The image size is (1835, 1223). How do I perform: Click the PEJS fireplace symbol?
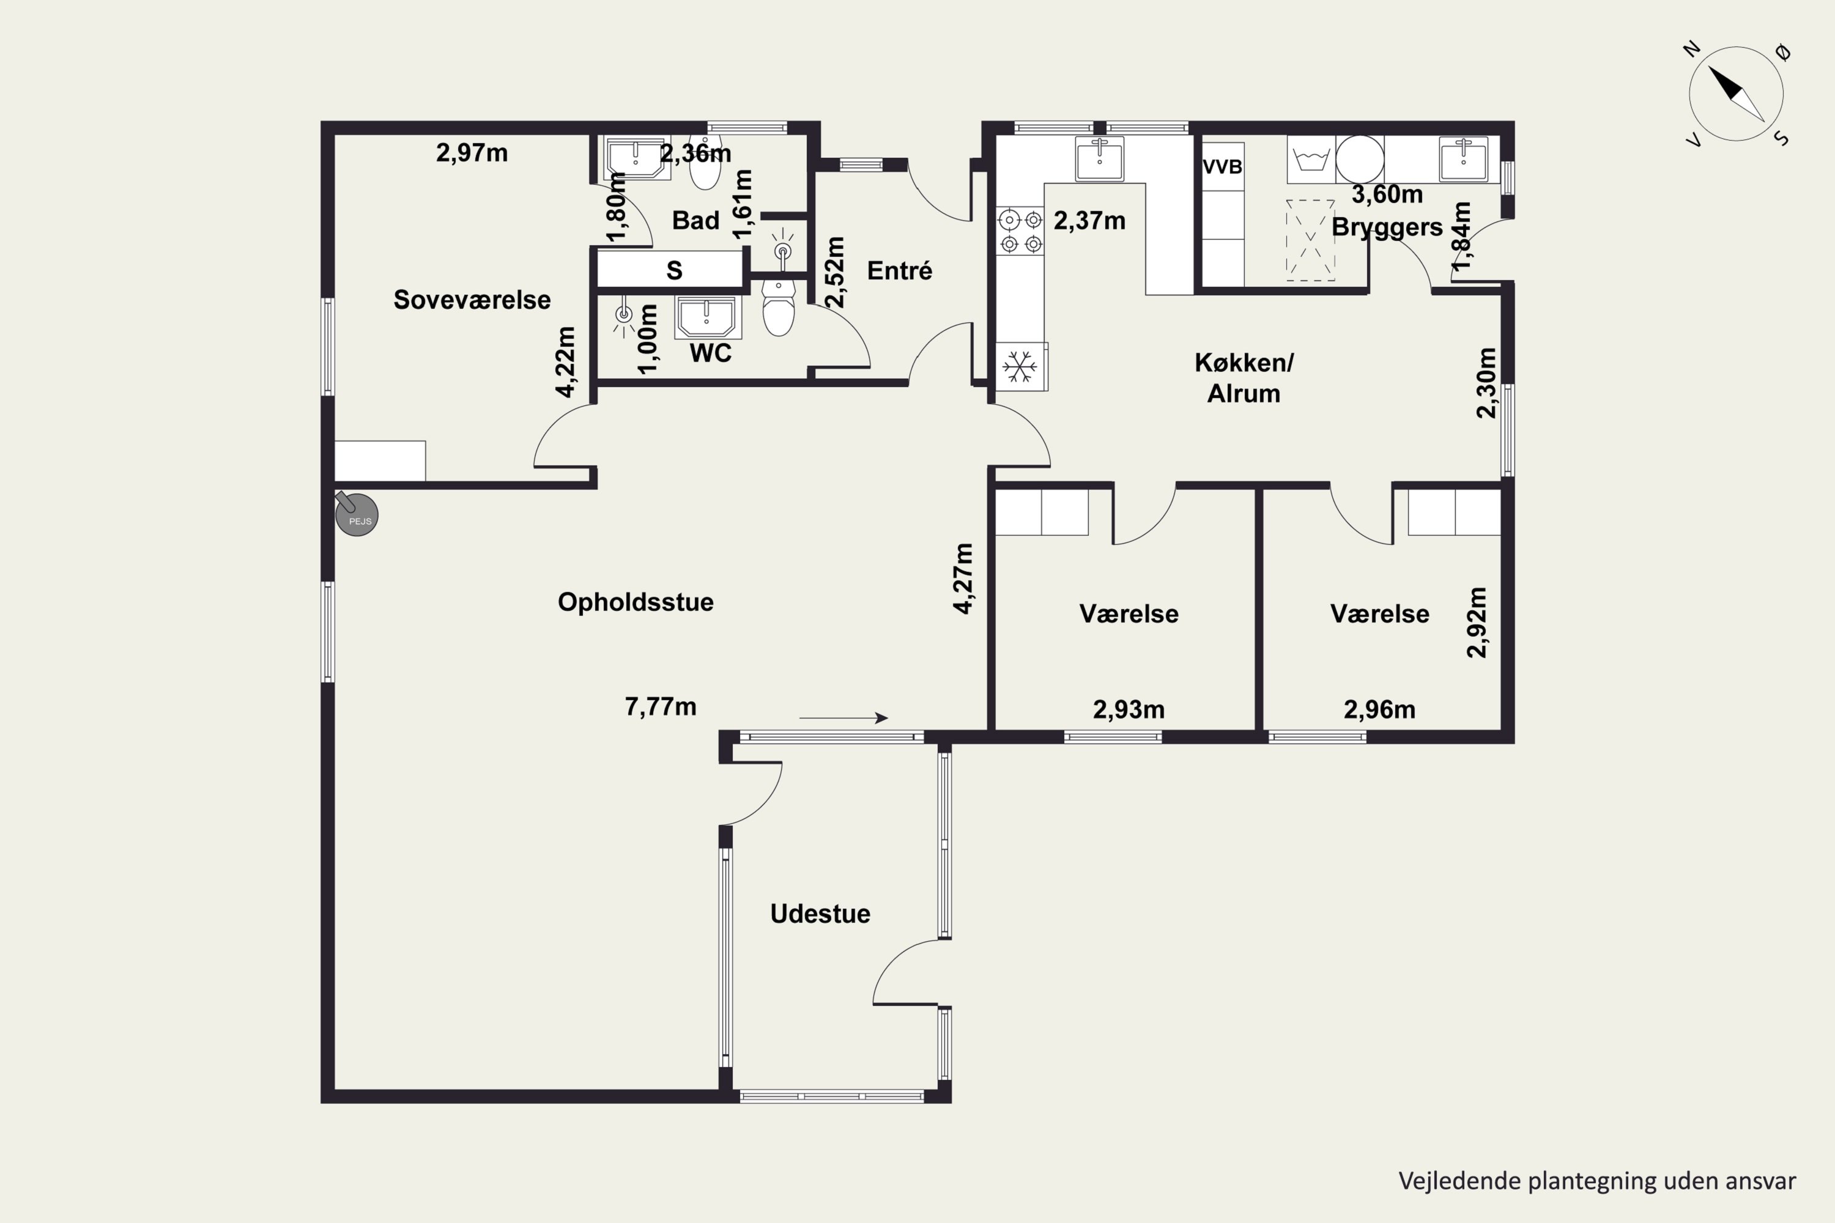357,514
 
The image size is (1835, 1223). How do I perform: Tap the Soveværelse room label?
472,300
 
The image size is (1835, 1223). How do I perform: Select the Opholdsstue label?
636,602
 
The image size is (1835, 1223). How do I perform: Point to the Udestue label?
820,914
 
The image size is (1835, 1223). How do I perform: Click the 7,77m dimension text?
661,707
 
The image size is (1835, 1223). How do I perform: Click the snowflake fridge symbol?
1020,366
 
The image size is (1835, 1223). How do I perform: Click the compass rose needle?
1737,94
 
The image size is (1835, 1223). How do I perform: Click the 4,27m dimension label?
965,578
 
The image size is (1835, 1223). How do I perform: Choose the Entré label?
900,271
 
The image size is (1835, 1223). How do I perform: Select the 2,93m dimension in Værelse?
1129,710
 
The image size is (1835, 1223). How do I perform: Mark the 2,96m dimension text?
1379,710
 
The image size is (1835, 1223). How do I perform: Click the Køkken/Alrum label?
1244,379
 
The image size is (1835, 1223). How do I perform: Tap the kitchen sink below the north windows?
1099,159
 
